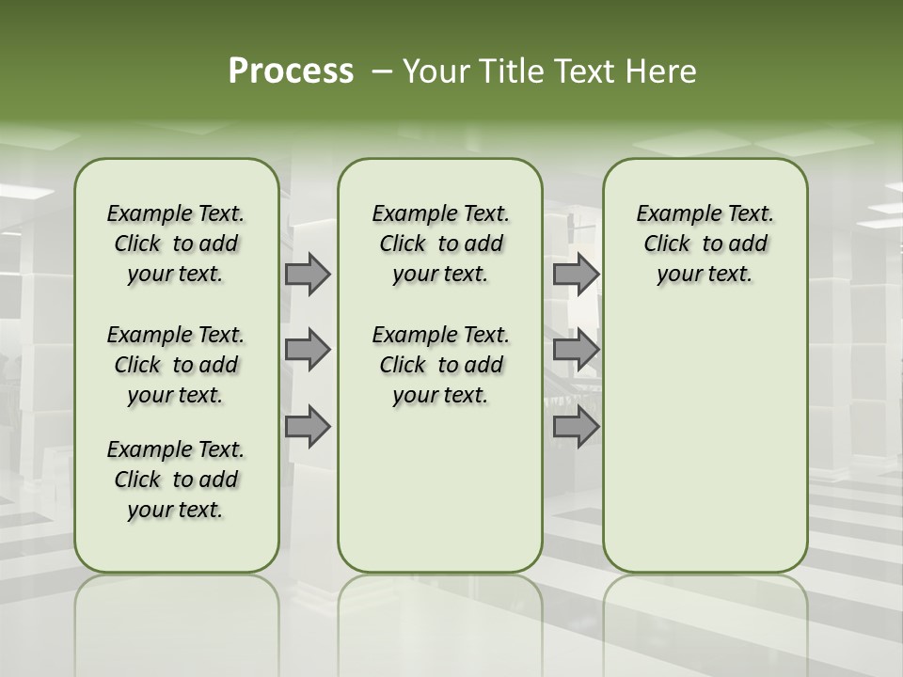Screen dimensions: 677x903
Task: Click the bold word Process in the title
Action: (291, 71)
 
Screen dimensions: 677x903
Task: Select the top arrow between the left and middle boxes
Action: (308, 274)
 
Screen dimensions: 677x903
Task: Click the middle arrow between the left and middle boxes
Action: (308, 350)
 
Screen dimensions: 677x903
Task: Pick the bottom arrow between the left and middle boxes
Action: (308, 427)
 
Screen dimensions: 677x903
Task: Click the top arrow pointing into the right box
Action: (576, 274)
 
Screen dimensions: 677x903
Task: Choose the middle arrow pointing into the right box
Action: (576, 350)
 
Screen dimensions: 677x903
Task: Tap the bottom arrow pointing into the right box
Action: (576, 427)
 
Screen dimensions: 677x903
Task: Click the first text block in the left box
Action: (176, 244)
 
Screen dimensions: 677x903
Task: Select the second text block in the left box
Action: (176, 365)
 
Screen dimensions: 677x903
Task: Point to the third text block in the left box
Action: (176, 480)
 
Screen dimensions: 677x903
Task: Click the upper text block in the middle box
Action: (440, 244)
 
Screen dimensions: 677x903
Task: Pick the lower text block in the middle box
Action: (440, 365)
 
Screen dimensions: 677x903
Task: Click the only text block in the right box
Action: (705, 244)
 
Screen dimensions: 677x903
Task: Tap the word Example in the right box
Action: (673, 214)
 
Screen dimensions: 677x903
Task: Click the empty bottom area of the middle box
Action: (440, 498)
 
